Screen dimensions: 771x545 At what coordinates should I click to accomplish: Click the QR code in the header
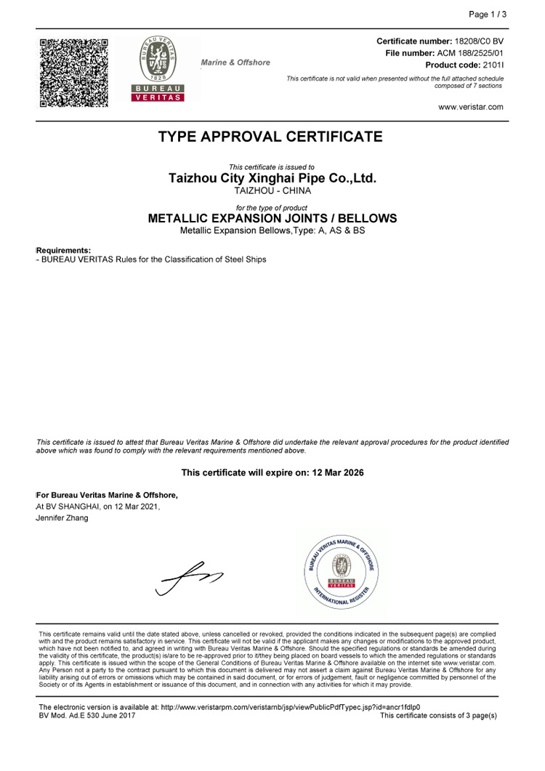click(x=74, y=73)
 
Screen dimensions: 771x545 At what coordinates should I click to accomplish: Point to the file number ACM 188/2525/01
click(x=470, y=53)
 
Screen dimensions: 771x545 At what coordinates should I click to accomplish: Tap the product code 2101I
click(x=493, y=65)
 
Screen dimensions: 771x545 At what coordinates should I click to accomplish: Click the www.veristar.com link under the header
click(x=471, y=107)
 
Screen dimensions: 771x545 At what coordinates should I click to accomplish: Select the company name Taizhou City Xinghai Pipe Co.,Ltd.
click(x=272, y=178)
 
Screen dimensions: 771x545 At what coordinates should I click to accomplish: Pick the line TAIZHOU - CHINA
click(x=272, y=190)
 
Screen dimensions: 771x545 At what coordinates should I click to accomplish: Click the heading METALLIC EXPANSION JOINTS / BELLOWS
click(x=272, y=218)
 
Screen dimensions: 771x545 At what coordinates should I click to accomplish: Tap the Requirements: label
click(x=64, y=250)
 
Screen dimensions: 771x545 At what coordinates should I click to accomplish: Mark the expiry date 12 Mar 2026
click(x=338, y=472)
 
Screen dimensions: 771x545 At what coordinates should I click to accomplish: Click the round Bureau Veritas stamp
click(x=341, y=572)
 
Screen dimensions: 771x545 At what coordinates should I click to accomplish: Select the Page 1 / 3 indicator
click(x=488, y=15)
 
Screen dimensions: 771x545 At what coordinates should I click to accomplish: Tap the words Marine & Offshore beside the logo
click(x=235, y=62)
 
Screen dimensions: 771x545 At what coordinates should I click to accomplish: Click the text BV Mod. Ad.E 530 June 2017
click(x=86, y=716)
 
